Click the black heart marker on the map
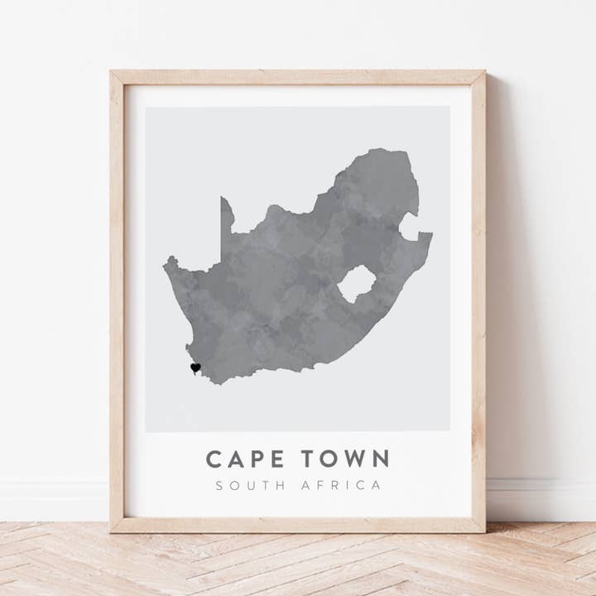pyautogui.click(x=195, y=368)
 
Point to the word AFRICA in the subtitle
pyautogui.click(x=344, y=485)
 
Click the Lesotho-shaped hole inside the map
pyautogui.click(x=357, y=284)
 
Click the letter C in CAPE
pyautogui.click(x=214, y=459)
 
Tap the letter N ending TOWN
pyautogui.click(x=380, y=459)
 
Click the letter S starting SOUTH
pyautogui.click(x=219, y=485)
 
